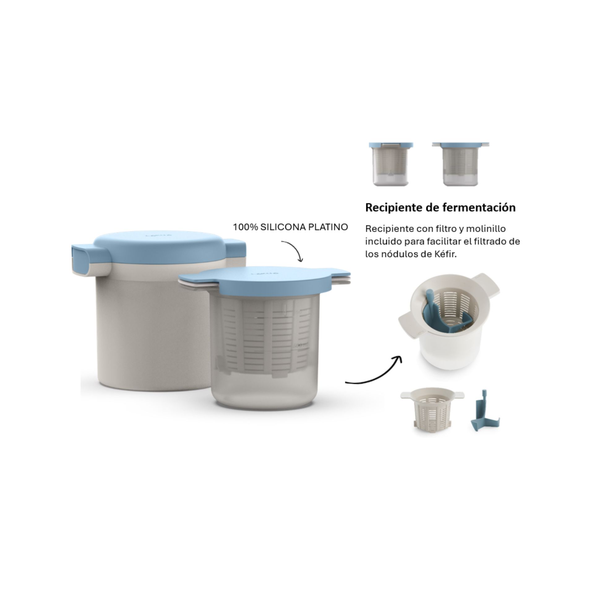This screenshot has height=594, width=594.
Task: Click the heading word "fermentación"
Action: [x=479, y=208]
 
